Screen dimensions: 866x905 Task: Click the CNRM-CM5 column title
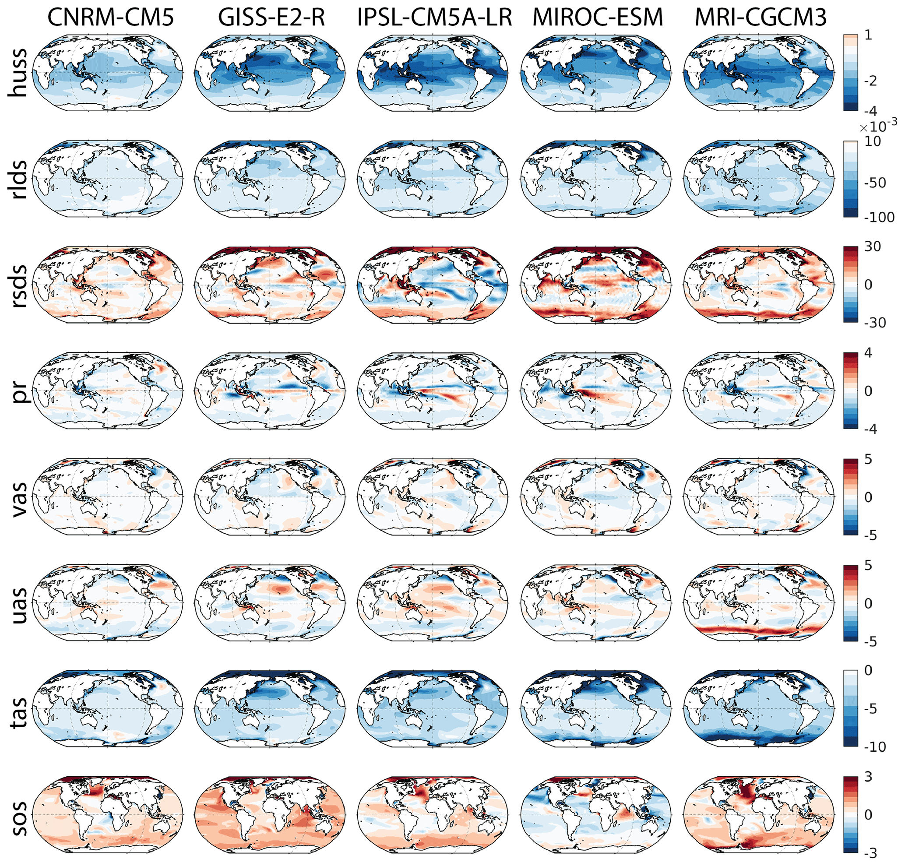pyautogui.click(x=111, y=18)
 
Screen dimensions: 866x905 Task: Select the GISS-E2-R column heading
pyautogui.click(x=271, y=18)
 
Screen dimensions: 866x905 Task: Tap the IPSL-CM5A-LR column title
pyautogui.click(x=434, y=18)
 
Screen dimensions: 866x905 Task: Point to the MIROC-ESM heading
pyautogui.click(x=598, y=18)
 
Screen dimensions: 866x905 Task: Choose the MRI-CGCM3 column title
pyautogui.click(x=761, y=18)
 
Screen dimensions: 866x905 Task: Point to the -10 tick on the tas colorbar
pyautogui.click(x=873, y=746)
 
